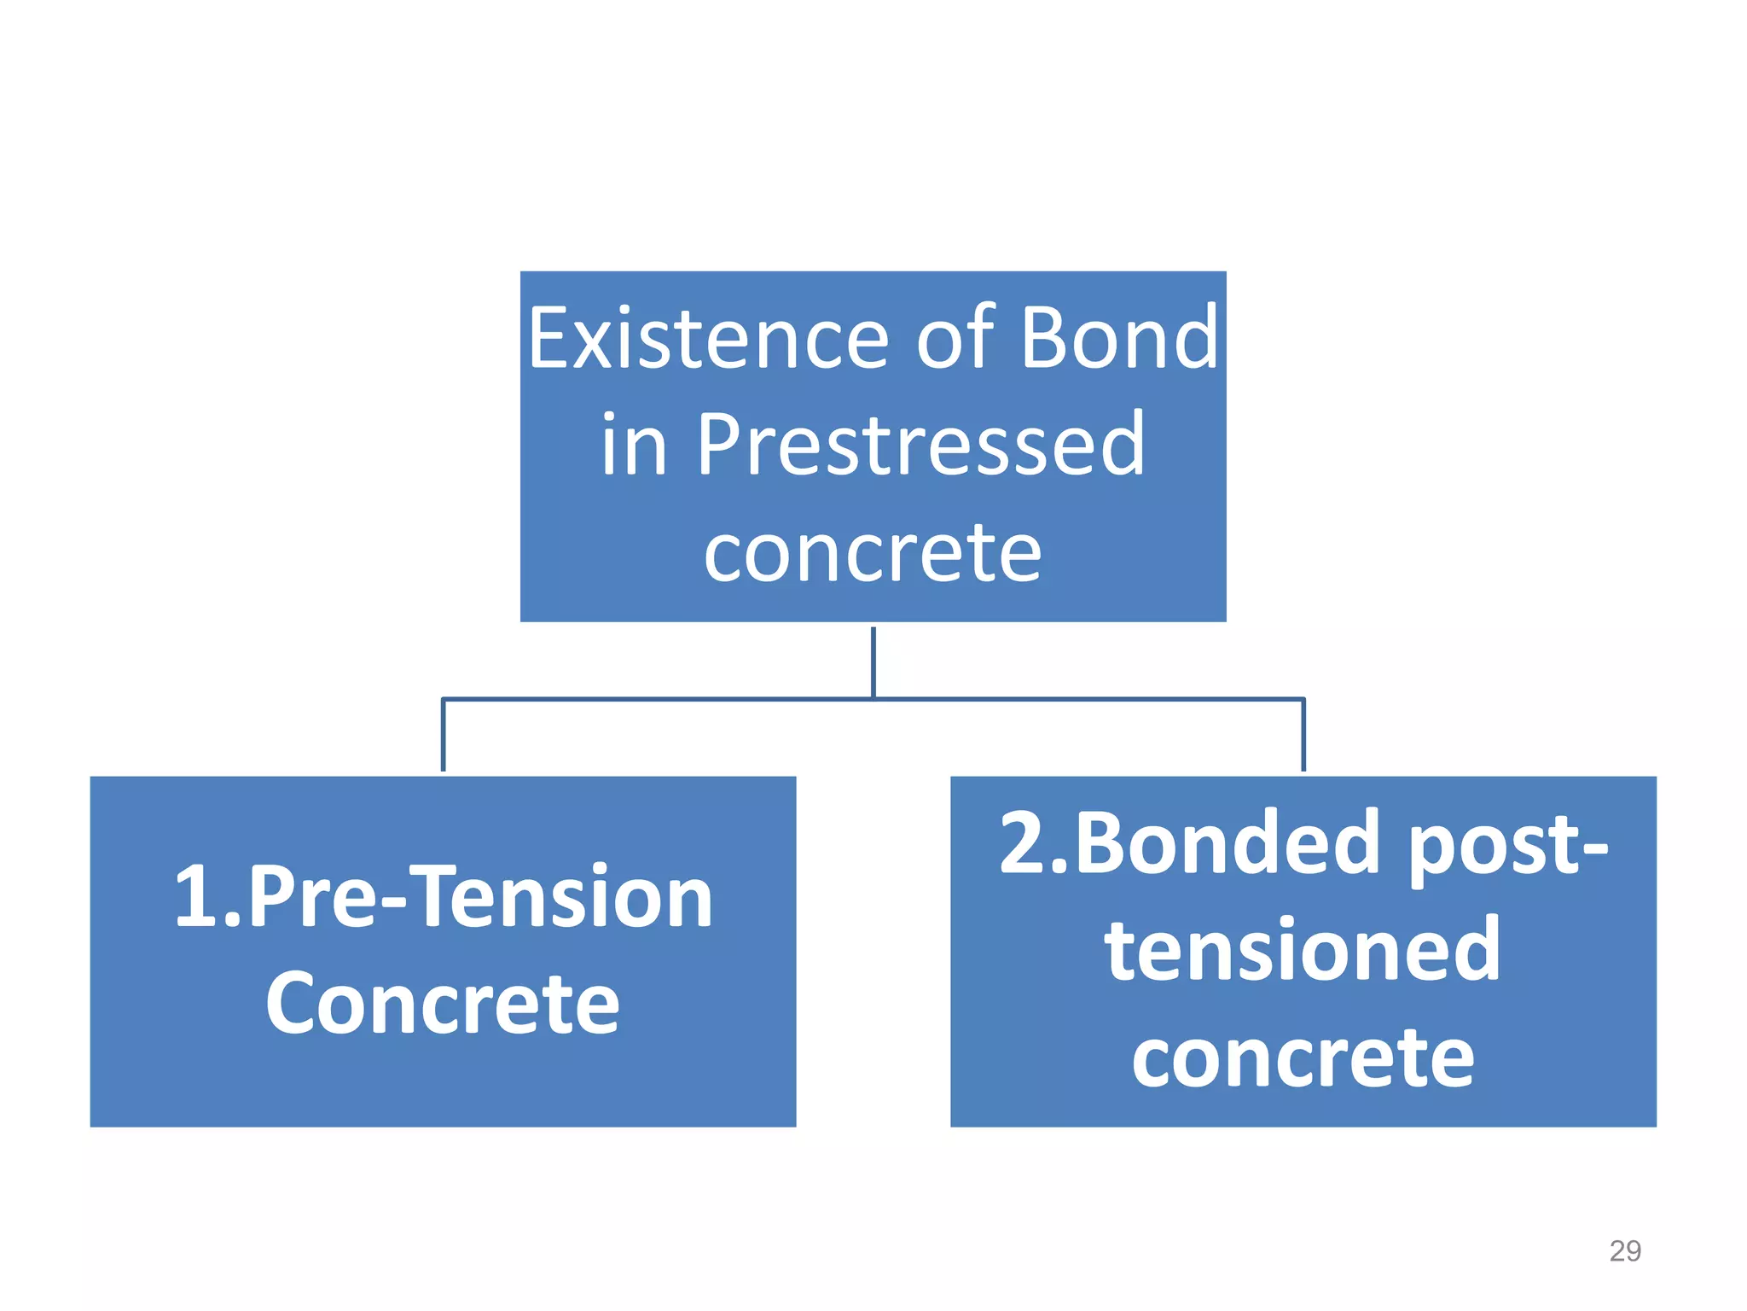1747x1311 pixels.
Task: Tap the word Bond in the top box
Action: (x=1119, y=339)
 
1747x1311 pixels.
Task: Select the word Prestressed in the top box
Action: (x=921, y=445)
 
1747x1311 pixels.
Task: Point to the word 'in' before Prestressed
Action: (x=634, y=446)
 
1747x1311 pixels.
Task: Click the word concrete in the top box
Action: (x=873, y=554)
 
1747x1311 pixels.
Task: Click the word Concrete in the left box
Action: (x=443, y=1005)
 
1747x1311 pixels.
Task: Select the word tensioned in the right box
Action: (x=1303, y=950)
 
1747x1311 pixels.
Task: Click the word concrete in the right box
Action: (x=1303, y=1059)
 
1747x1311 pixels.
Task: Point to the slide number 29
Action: (x=1624, y=1251)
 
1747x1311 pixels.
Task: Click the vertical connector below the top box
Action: (x=873, y=661)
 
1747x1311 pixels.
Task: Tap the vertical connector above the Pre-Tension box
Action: (x=443, y=735)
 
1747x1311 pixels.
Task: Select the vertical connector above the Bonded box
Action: (x=1303, y=735)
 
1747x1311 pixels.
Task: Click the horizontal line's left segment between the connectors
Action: (x=657, y=699)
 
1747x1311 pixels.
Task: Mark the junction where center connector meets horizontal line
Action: (x=873, y=699)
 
